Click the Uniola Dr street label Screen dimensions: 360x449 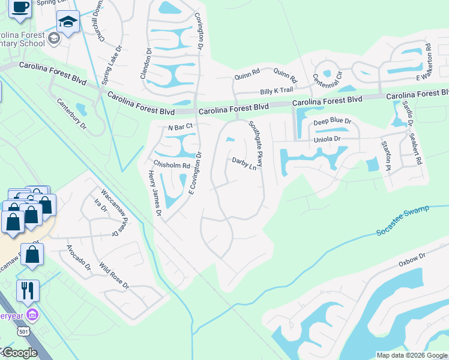click(327, 139)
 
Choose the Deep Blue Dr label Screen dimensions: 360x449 click(332, 122)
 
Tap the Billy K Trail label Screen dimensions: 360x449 click(276, 91)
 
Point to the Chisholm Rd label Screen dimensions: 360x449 click(172, 164)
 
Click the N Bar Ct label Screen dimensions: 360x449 click(179, 127)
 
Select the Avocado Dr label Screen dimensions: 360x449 click(79, 257)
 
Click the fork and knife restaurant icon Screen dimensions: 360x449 click(28, 290)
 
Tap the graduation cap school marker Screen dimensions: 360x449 click(68, 22)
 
